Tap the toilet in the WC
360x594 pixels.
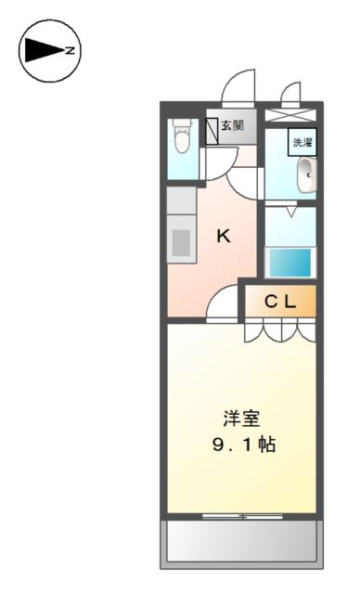click(182, 137)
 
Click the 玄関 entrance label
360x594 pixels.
click(232, 125)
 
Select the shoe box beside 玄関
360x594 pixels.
click(212, 126)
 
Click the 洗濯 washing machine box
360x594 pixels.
click(302, 142)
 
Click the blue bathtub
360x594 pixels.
click(290, 261)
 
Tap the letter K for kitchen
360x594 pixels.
click(224, 236)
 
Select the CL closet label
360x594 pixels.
click(280, 301)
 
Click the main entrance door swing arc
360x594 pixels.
click(238, 88)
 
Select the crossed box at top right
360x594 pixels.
click(289, 116)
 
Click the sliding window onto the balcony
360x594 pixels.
click(241, 513)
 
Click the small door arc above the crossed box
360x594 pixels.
click(291, 93)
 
